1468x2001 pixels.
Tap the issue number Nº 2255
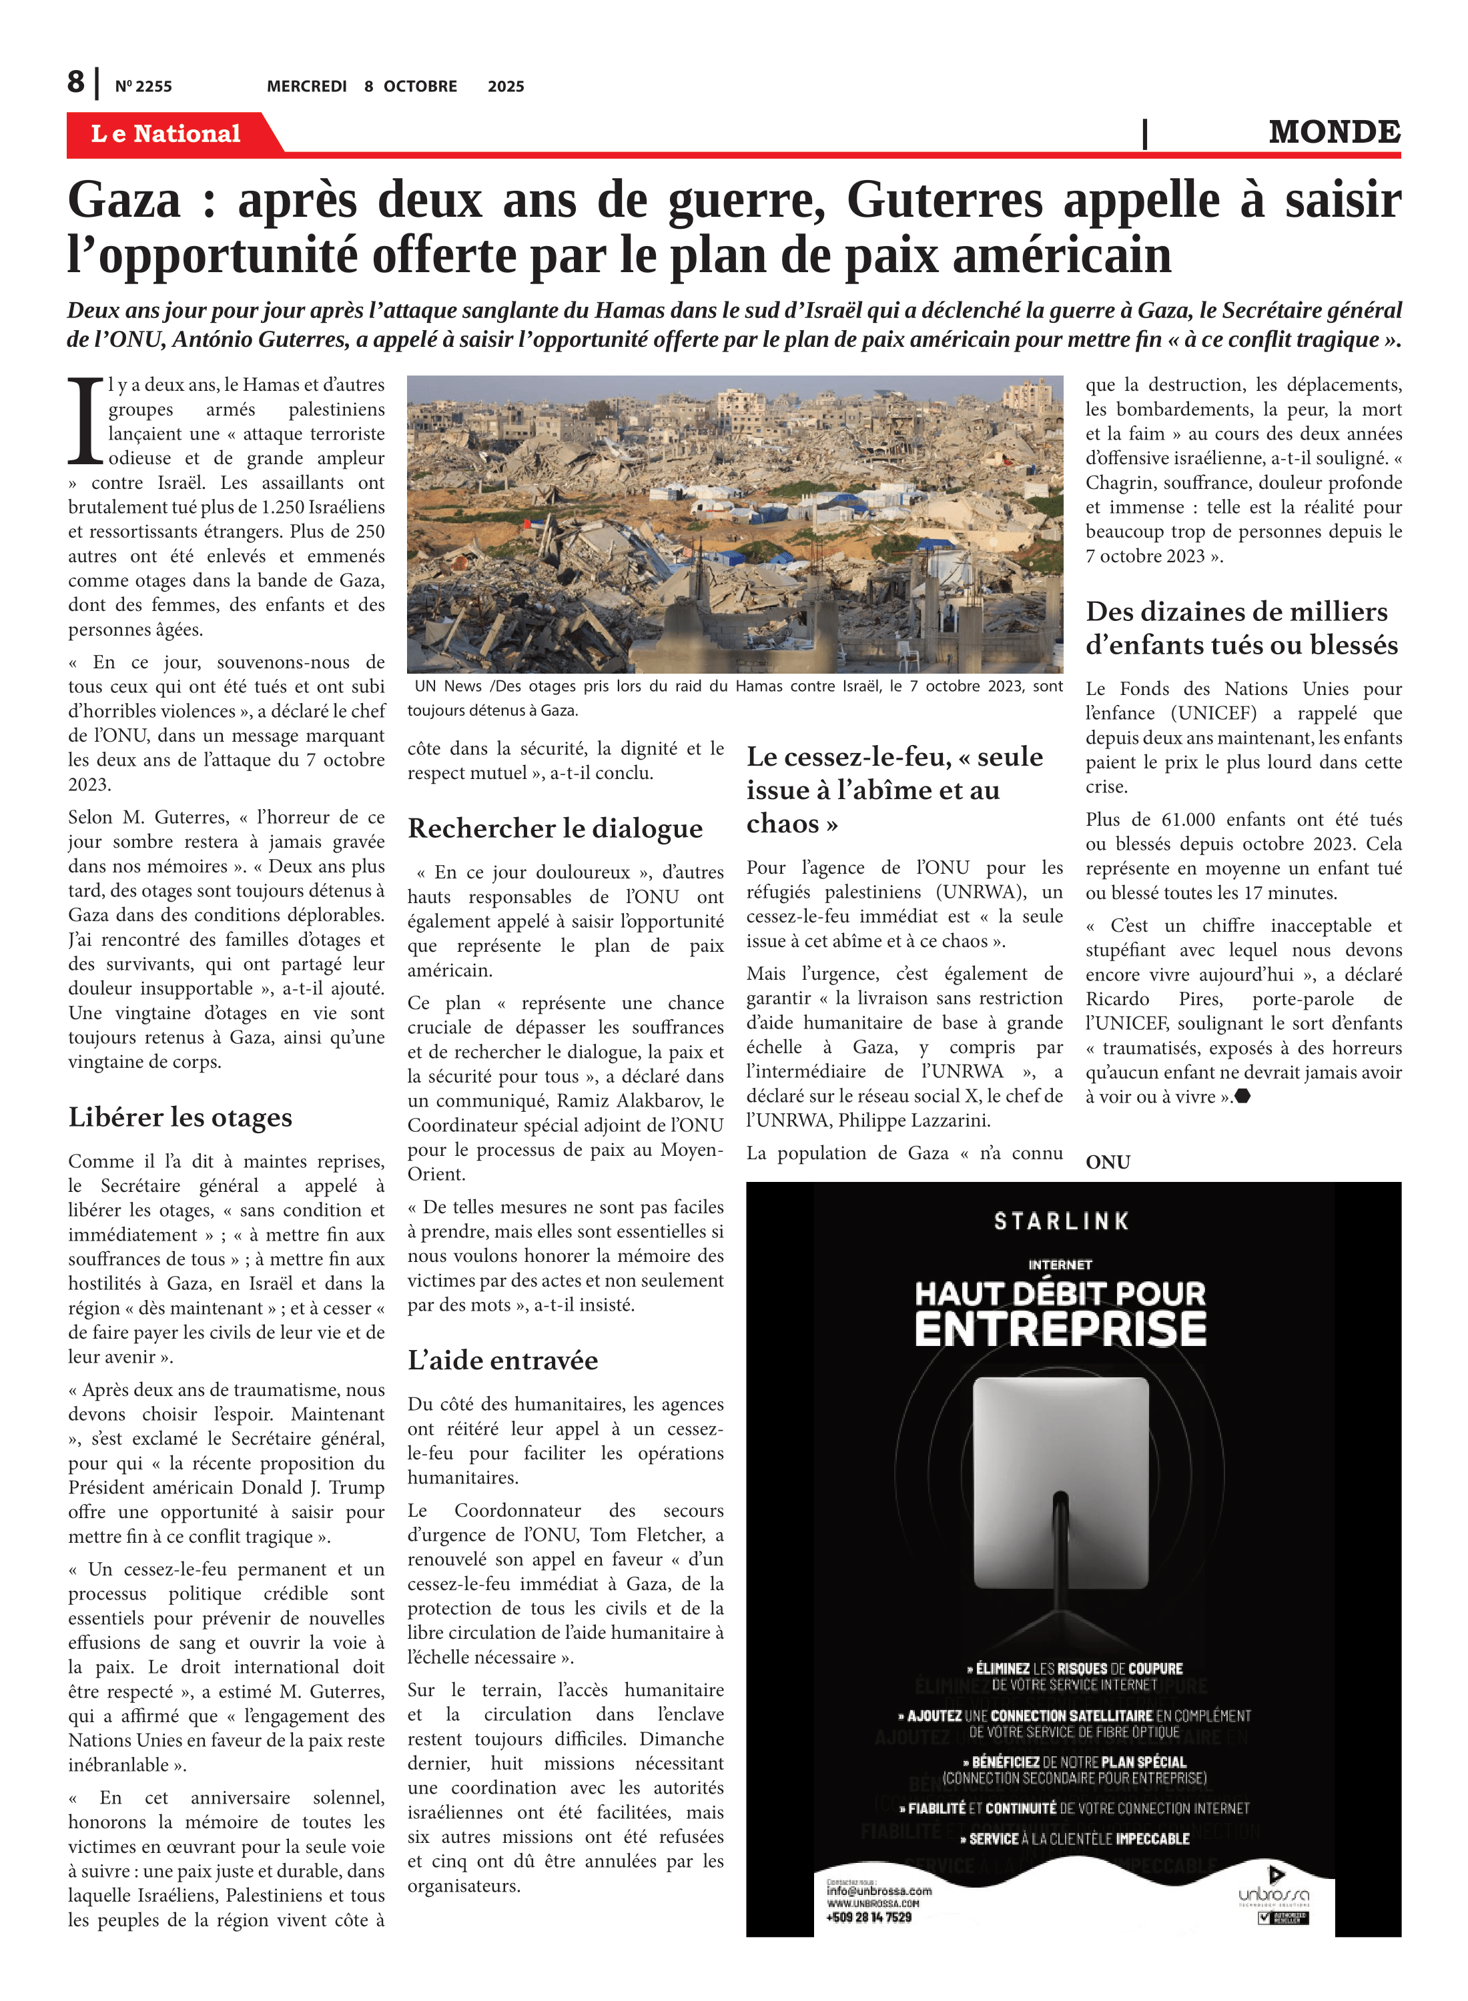pos(143,86)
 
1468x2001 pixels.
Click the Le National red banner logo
pos(166,133)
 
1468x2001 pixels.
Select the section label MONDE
pos(1334,131)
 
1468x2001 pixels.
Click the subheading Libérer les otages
pos(180,1117)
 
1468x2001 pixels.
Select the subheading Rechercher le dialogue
pos(555,828)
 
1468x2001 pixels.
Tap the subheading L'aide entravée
pos(503,1360)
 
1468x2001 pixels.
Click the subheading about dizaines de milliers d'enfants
pos(1241,628)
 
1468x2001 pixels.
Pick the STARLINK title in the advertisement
pos(1061,1221)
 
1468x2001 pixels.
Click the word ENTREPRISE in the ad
pos(1060,1329)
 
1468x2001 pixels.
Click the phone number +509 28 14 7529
pos(868,1918)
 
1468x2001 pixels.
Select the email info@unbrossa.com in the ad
pos(879,1891)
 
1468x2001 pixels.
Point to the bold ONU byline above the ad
pos(1107,1162)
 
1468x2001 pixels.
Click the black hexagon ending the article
pos(1243,1096)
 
